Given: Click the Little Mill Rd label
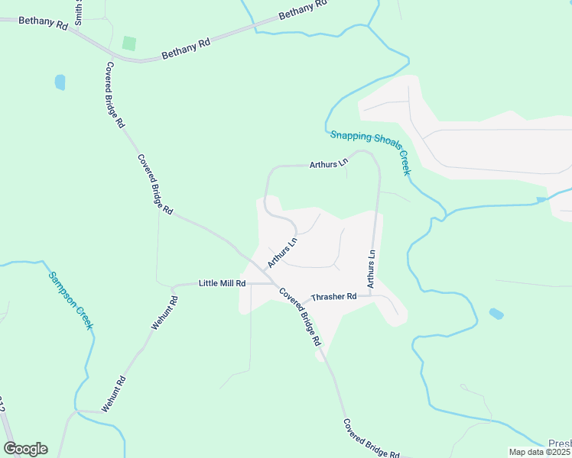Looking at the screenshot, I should [222, 283].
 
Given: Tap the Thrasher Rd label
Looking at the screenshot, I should [334, 296].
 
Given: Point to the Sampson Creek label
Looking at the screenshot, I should [70, 300].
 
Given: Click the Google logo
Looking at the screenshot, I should [25, 449].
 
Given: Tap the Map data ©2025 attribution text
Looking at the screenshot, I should [540, 452].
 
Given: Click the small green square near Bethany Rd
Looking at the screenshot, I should [129, 43].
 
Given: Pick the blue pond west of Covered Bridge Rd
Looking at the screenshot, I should [60, 82].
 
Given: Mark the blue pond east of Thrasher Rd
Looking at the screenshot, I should [496, 313].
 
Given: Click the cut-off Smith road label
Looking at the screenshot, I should [78, 11].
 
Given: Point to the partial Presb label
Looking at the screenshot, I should [560, 443].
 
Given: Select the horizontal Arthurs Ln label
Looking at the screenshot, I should [329, 163].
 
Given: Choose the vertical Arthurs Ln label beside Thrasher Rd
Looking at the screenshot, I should [371, 269].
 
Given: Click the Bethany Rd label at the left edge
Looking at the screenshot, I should [43, 21].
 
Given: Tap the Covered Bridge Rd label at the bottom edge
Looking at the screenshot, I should [372, 439].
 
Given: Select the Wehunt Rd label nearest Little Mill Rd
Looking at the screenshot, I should [164, 312].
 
